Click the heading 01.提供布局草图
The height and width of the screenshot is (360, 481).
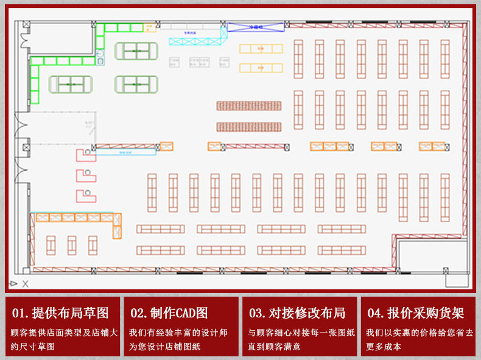click(x=60, y=313)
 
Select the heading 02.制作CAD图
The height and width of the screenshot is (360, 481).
click(x=169, y=313)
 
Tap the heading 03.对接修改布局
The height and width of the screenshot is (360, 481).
click(x=297, y=313)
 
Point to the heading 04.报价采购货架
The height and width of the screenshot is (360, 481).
click(x=416, y=313)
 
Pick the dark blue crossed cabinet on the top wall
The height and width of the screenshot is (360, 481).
click(x=256, y=27)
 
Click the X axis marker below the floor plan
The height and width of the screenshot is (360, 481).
click(x=26, y=284)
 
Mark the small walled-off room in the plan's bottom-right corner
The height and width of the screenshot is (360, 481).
click(x=432, y=255)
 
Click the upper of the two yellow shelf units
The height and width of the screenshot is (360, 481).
click(x=261, y=49)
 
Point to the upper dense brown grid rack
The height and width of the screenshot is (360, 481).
click(x=249, y=105)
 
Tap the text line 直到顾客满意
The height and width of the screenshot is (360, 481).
click(x=274, y=347)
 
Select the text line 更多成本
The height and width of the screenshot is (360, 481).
click(x=383, y=347)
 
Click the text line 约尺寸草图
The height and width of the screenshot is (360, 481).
click(x=33, y=347)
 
